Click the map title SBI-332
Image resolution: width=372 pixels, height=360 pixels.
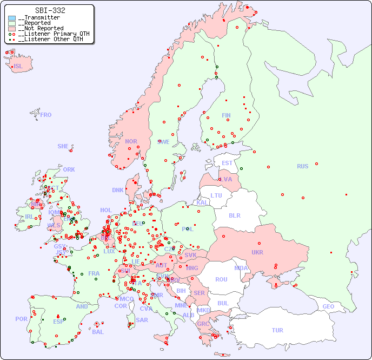coord(50,10)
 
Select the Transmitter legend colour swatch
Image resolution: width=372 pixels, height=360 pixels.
coord(12,18)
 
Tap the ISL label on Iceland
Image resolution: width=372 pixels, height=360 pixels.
coord(18,67)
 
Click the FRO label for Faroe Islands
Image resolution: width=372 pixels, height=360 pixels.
coord(46,115)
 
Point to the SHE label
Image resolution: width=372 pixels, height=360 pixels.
coord(63,146)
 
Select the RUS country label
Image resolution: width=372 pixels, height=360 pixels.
coord(302,166)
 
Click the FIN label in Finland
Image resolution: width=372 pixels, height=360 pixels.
coord(226,115)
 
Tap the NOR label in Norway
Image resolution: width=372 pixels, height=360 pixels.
coord(131,141)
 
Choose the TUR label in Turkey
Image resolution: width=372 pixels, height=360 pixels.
coord(277,330)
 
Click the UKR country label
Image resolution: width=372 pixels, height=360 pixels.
coord(257,252)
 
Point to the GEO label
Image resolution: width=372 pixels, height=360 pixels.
coord(328,306)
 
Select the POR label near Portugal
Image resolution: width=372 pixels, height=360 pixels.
coord(21,319)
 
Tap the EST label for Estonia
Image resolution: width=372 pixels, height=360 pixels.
coord(227,163)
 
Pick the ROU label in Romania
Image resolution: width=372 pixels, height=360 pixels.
coord(221,279)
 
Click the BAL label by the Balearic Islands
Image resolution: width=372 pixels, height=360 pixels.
coord(97,332)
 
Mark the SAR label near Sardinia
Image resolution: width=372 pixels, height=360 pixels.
coord(142,320)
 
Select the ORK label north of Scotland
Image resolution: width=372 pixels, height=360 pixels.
coord(69,169)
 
